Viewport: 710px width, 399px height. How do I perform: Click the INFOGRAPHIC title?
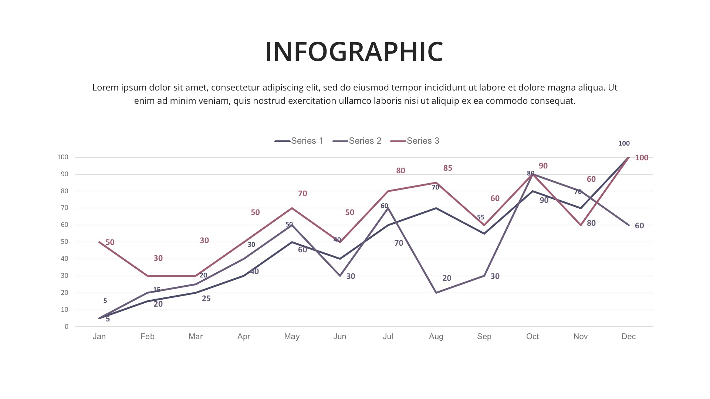click(x=354, y=51)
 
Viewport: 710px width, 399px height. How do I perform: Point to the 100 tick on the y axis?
click(x=63, y=157)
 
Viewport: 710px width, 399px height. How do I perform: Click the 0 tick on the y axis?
click(x=67, y=327)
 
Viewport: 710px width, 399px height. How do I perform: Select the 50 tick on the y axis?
click(x=65, y=242)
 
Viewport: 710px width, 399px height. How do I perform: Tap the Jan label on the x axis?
click(x=99, y=337)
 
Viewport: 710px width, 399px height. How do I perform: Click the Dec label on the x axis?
click(x=628, y=337)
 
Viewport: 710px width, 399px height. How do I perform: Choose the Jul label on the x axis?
click(x=388, y=337)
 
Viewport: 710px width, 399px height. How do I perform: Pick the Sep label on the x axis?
click(x=484, y=337)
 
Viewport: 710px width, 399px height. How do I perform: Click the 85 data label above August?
click(x=447, y=168)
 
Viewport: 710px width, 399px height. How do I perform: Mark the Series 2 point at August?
click(x=436, y=293)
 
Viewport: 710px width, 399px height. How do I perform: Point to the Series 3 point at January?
click(x=99, y=242)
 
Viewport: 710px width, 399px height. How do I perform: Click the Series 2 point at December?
click(x=629, y=225)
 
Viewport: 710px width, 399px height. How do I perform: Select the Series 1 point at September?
click(x=484, y=233)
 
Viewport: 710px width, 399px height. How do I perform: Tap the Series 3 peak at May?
click(x=292, y=208)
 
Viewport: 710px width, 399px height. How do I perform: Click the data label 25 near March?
click(x=206, y=299)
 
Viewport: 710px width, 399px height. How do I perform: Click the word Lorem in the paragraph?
click(x=105, y=88)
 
